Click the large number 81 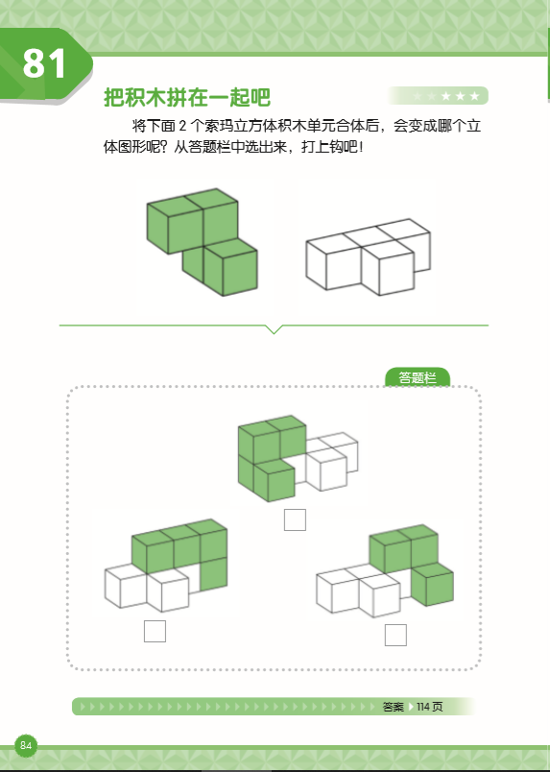[46, 63]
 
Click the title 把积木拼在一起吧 [186, 98]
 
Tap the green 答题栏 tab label [418, 378]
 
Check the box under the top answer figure [295, 519]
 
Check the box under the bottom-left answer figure [154, 631]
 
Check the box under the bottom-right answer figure [395, 635]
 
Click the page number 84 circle [26, 746]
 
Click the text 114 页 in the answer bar [429, 707]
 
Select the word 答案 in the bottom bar [393, 707]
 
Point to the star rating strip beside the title [439, 95]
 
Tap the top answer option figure [296, 458]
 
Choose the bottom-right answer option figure [385, 570]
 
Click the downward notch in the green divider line [275, 329]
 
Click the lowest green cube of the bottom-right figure [431, 585]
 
